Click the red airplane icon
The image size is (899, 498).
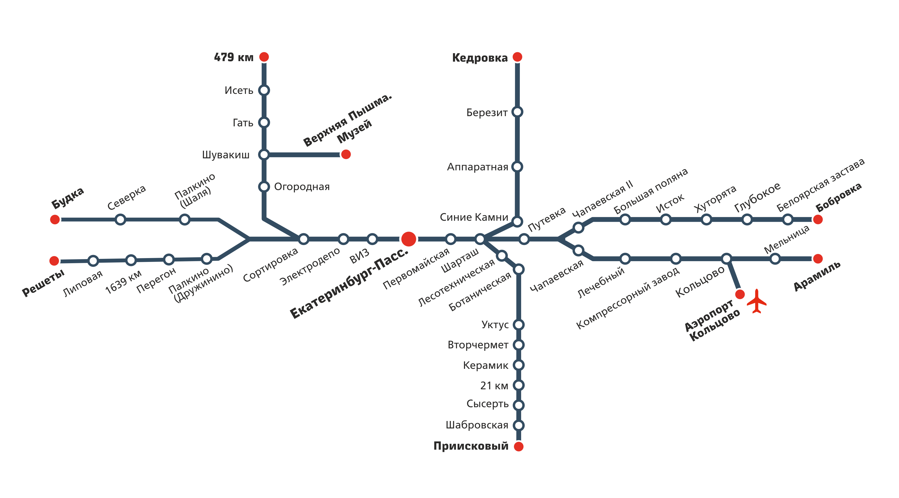tap(756, 301)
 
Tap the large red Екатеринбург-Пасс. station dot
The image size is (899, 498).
tap(409, 239)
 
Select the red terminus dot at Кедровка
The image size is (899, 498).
tap(517, 57)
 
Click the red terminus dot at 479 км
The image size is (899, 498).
tap(264, 57)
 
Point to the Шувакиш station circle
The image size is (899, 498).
tap(264, 154)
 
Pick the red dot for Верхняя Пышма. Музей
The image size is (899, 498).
tap(346, 154)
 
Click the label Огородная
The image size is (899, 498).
tap(302, 187)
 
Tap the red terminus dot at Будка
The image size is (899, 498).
tap(55, 219)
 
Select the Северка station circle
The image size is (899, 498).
tap(120, 219)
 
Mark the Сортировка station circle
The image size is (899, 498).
tap(304, 239)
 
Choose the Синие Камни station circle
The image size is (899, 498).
tap(517, 221)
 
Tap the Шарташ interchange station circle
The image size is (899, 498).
tap(480, 239)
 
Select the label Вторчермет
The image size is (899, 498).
tap(478, 345)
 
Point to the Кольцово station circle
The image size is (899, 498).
tap(727, 259)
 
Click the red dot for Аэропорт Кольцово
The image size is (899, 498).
tap(740, 294)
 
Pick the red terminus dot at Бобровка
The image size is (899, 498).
tap(818, 219)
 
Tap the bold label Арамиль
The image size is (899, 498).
tap(817, 276)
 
